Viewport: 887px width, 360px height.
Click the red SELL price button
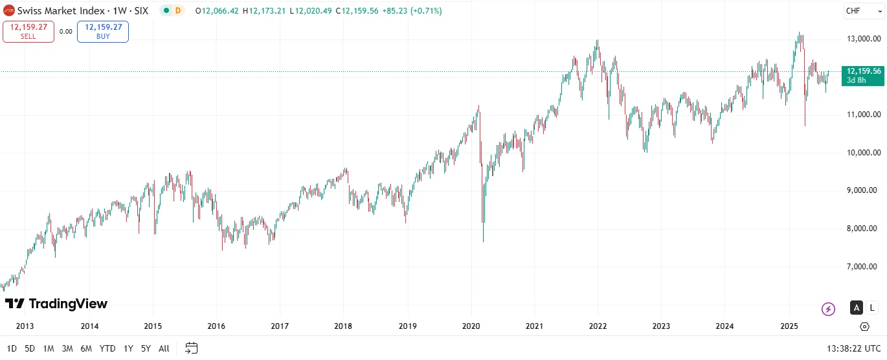point(28,31)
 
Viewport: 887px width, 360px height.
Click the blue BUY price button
point(103,31)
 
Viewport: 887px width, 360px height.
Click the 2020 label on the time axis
point(471,326)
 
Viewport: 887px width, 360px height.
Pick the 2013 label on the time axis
point(25,326)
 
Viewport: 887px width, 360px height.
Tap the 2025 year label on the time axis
point(789,326)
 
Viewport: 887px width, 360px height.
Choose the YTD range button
point(107,348)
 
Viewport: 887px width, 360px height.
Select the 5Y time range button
point(146,348)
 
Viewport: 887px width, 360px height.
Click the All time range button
point(164,348)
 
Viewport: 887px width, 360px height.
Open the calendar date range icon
point(191,348)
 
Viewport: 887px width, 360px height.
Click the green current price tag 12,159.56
point(863,75)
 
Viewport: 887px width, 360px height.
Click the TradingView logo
point(56,304)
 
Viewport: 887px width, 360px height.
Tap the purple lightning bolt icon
point(828,309)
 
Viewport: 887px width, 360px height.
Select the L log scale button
point(873,308)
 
